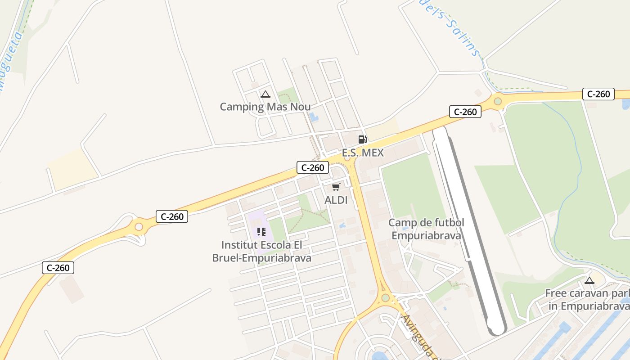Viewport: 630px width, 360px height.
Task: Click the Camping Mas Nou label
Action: coord(265,107)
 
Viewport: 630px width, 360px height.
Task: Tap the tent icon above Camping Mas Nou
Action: coord(265,94)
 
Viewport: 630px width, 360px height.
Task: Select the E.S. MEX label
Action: coord(363,153)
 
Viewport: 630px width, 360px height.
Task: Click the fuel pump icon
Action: coord(362,139)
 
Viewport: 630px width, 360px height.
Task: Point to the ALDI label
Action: coord(336,200)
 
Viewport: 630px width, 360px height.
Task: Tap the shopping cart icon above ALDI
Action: coord(336,187)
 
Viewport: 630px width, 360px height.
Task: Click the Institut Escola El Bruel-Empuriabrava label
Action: coord(261,252)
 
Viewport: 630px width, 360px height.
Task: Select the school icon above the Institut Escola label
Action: coord(261,232)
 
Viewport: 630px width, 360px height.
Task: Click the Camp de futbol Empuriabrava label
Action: coord(426,229)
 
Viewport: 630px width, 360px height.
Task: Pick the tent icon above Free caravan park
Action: coord(589,280)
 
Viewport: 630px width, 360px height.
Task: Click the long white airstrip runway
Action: coord(468,229)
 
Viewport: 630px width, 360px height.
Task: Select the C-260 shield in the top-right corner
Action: coord(598,94)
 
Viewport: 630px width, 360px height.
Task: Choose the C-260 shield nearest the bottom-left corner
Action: coord(58,268)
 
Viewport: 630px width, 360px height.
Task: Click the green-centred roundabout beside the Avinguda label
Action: coord(385,298)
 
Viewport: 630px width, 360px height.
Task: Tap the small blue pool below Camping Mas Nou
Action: coord(314,117)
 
